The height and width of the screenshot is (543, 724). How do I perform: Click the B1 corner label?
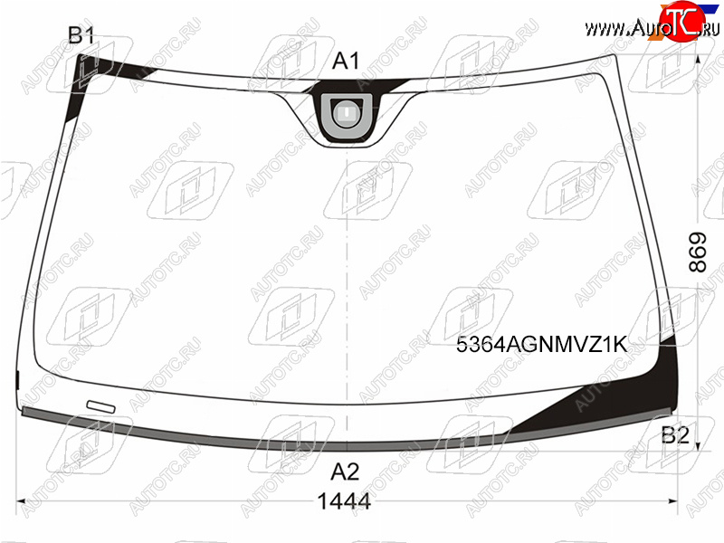(x=81, y=35)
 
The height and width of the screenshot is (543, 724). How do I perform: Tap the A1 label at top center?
(x=346, y=61)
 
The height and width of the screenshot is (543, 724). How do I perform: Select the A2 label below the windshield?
(x=346, y=472)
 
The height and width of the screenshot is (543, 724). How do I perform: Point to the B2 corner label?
(x=675, y=435)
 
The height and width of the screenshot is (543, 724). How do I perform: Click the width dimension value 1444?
(x=345, y=501)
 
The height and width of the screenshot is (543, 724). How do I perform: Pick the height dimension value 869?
(x=698, y=252)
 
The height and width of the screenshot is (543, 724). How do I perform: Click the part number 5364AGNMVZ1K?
(x=542, y=345)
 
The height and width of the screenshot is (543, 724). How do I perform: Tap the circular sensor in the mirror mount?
(x=346, y=111)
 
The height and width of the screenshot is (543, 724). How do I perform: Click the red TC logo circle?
(x=682, y=21)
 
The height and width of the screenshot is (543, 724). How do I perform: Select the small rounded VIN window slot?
(x=100, y=405)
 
